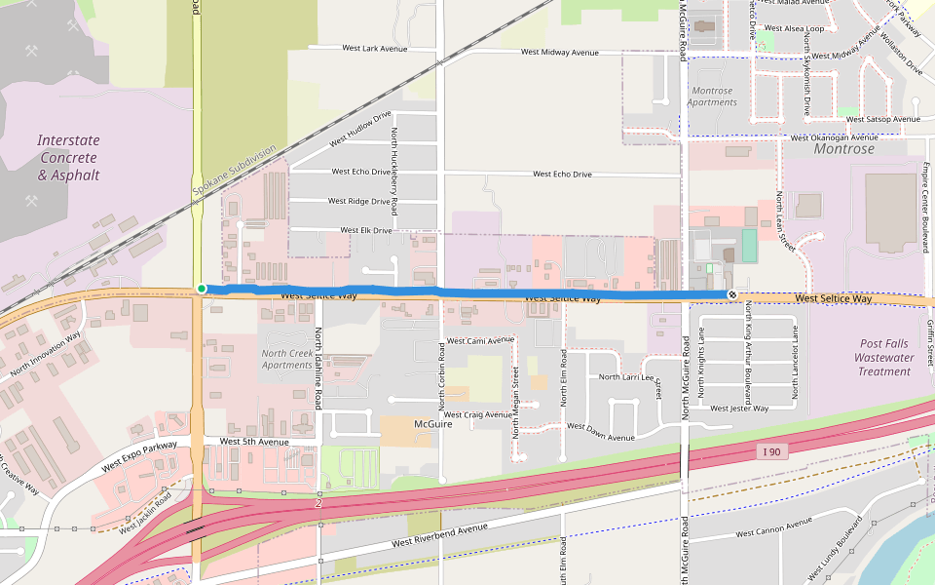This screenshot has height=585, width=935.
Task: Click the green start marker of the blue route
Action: [x=201, y=289]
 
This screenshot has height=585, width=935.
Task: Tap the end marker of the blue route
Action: [x=731, y=294]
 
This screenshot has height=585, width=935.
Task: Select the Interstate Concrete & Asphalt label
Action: [x=68, y=158]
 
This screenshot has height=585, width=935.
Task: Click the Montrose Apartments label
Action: [x=712, y=97]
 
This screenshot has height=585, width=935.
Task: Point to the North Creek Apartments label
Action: [x=287, y=359]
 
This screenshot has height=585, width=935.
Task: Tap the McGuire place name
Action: [x=435, y=424]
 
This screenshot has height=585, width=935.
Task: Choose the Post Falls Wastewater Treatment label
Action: [x=884, y=357]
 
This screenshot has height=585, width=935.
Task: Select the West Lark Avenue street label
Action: [x=375, y=48]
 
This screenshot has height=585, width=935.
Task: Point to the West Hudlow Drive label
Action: [x=359, y=130]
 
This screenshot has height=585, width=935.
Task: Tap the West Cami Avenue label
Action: [x=480, y=340]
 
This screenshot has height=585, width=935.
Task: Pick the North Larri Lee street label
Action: [x=626, y=376]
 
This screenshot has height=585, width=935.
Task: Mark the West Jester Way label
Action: [x=739, y=408]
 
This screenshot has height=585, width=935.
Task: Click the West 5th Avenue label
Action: [x=254, y=441]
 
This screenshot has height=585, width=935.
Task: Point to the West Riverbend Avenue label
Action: [x=439, y=534]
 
